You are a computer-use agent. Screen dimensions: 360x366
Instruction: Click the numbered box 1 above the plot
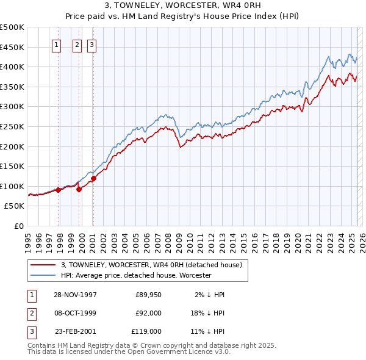[57, 44]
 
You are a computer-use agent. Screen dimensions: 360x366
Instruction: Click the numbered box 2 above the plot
[77, 44]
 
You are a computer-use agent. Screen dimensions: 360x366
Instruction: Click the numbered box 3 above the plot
[91, 44]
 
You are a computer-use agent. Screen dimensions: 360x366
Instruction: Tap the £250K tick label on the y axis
[12, 126]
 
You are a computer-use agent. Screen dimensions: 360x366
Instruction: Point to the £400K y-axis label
[12, 67]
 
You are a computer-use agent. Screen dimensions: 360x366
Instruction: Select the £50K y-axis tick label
[15, 206]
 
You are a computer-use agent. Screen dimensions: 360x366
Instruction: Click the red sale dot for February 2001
[94, 179]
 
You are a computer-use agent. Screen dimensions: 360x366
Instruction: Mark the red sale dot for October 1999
[79, 189]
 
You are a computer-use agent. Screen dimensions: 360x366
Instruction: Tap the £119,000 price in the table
[146, 331]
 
